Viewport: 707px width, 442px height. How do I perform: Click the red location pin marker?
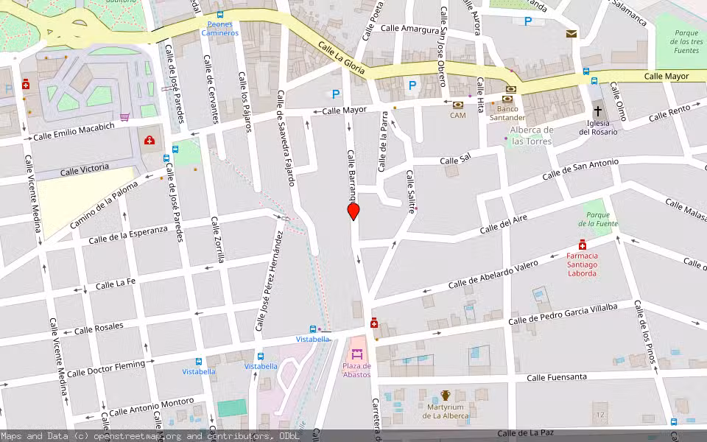coord(353,211)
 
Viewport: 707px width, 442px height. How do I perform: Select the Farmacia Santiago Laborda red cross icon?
coord(582,245)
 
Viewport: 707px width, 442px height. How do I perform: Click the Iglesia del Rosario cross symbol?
coord(598,108)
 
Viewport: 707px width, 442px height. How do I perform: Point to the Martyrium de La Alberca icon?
coord(446,396)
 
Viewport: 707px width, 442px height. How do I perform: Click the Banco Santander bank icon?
coord(507,99)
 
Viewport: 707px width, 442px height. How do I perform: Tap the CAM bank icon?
coord(458,105)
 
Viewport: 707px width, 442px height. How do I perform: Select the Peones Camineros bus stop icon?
coord(219,15)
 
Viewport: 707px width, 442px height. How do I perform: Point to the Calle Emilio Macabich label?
coord(74,131)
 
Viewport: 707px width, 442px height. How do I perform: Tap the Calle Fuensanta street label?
coord(557,377)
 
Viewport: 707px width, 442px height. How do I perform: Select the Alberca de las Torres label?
coord(531,136)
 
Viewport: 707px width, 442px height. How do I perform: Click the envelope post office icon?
coord(571,34)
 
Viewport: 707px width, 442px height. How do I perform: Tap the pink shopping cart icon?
coord(125,116)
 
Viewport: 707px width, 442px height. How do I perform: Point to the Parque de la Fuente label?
coord(598,219)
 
